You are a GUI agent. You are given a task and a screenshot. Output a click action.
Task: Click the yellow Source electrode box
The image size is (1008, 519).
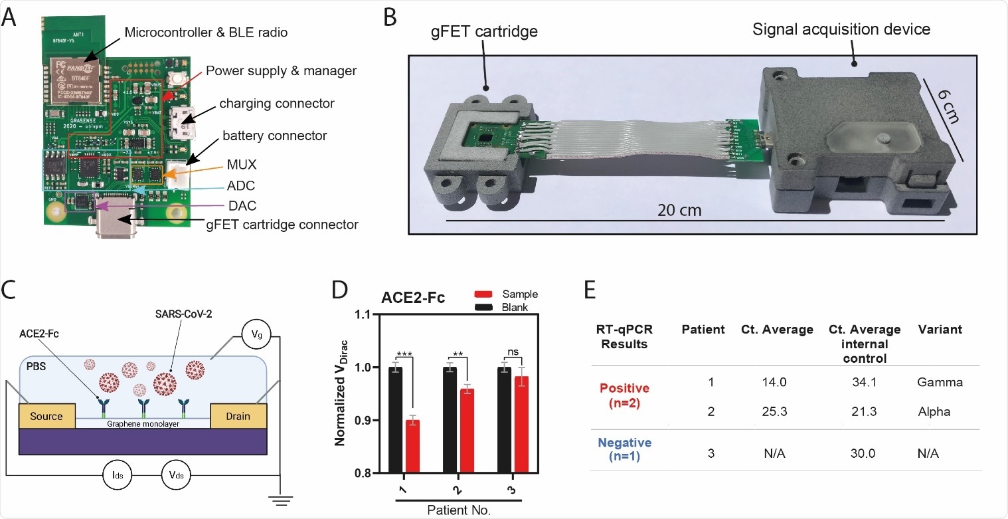click(46, 416)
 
